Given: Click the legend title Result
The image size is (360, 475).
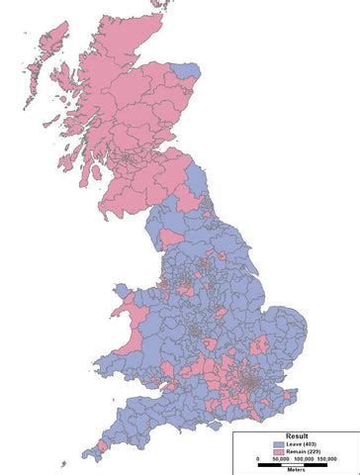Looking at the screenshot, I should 296,435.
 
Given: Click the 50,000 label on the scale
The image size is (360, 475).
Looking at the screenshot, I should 278,460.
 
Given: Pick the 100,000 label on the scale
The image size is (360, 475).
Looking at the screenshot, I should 307,460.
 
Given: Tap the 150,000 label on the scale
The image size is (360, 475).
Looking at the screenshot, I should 332,460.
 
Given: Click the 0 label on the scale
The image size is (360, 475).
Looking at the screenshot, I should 257,460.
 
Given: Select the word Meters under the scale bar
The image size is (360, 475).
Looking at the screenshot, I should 298,470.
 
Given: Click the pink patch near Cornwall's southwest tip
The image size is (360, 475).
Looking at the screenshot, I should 92,453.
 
